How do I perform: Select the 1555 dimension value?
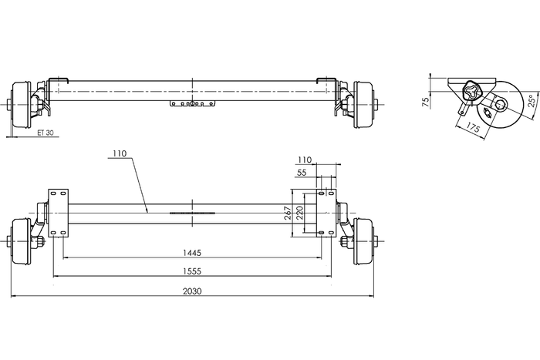point(192,271)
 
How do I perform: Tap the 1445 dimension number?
point(192,252)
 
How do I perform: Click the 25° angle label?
point(532,101)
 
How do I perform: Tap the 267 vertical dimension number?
point(287,213)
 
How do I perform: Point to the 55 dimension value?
point(302,174)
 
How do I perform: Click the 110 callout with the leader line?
point(119,153)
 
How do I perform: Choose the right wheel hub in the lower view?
point(362,241)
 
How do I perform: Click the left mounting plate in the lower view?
point(59,213)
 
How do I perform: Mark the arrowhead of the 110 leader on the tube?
point(147,210)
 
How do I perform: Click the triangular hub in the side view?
point(471,94)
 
